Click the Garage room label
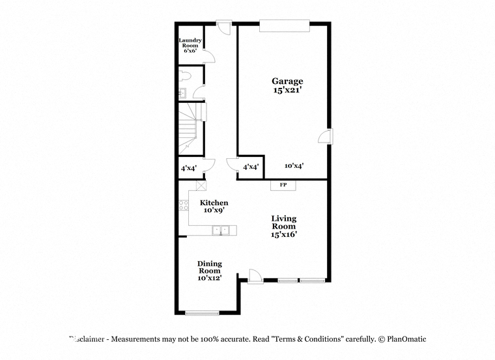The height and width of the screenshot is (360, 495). [287, 82]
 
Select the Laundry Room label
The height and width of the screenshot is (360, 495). [190, 42]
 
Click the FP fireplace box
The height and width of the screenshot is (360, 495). [283, 185]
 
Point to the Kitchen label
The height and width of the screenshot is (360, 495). [214, 202]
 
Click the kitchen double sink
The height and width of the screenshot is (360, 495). [221, 230]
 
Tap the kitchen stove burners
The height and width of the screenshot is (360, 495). [184, 206]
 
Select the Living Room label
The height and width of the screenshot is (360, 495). [284, 222]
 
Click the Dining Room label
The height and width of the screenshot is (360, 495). [210, 267]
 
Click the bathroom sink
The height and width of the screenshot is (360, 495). [183, 93]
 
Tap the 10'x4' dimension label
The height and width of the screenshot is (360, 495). [294, 165]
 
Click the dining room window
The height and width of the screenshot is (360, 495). [202, 313]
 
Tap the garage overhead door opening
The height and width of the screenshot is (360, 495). [285, 26]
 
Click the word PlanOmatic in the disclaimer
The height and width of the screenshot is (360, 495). [406, 339]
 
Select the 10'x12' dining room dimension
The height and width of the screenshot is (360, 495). [209, 278]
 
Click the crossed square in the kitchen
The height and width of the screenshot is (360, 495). [201, 185]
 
